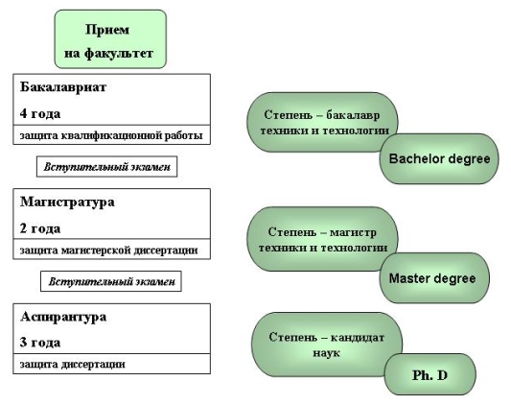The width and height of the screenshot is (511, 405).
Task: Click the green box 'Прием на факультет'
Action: [110, 39]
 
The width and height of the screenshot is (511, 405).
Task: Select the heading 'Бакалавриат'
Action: [63, 87]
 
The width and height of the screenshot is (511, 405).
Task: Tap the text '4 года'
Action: [40, 114]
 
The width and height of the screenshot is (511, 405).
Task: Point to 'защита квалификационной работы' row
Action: [112, 134]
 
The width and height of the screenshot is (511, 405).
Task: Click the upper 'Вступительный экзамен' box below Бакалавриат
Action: [106, 167]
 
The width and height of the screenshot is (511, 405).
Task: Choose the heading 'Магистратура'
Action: [67, 202]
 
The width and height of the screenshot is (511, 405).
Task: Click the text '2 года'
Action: [40, 228]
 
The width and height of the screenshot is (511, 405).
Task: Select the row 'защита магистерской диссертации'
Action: [112, 250]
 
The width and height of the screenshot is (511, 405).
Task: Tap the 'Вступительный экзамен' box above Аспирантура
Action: [111, 281]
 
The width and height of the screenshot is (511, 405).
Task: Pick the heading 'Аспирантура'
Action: [63, 317]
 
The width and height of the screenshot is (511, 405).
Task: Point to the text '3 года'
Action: [40, 343]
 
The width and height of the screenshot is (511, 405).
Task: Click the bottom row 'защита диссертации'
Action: [112, 364]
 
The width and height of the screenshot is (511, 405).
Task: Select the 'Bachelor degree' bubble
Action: [439, 159]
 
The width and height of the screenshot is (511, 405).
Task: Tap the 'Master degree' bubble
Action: [434, 278]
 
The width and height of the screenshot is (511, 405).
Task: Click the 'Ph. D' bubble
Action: [430, 374]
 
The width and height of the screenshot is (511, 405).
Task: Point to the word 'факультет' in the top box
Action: [119, 53]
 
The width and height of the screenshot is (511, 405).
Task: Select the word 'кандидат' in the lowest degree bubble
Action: [358, 338]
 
